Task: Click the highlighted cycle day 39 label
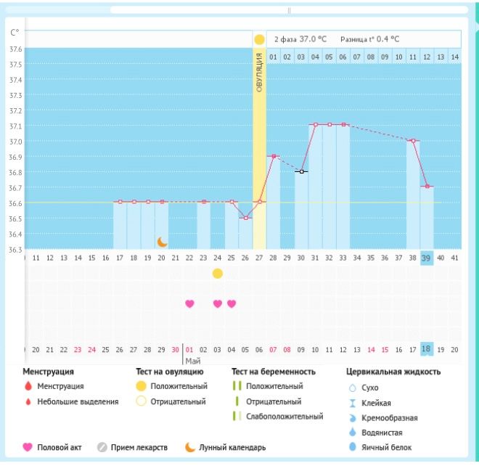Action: coord(427,258)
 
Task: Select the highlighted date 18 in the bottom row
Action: coord(427,348)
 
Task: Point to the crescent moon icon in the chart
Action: coord(163,242)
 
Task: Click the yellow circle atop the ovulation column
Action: coord(259,39)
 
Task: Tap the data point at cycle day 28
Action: coord(273,156)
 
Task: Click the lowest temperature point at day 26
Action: coord(245,218)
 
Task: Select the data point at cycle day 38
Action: coord(413,141)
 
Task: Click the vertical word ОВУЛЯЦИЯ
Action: coord(259,73)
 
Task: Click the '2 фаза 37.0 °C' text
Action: coord(300,39)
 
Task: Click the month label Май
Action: coord(192,360)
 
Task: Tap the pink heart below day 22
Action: coord(190,304)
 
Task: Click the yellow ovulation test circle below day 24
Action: coord(218,274)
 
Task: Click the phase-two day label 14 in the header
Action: coord(454,56)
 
